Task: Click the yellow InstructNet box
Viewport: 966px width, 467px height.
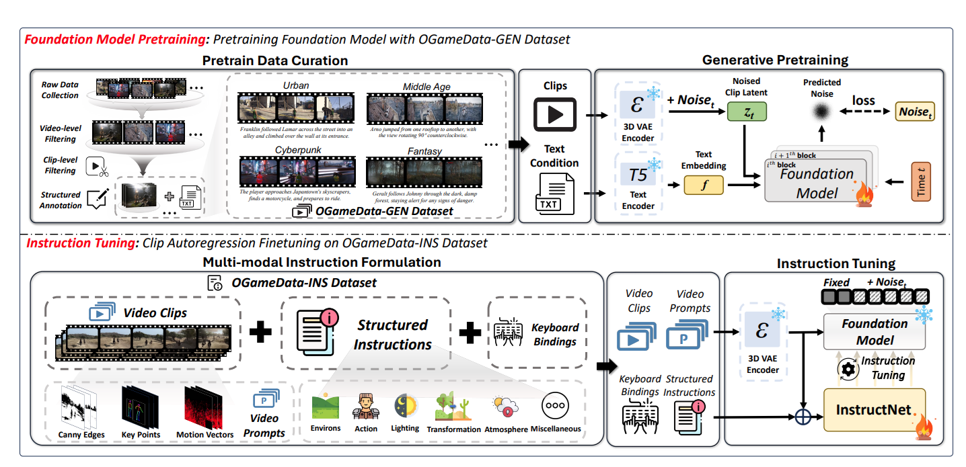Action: [x=874, y=410]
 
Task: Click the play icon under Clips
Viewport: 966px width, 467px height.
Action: [x=555, y=114]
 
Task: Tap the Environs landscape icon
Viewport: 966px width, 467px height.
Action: [x=325, y=406]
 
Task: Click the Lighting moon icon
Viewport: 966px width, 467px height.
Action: [x=405, y=405]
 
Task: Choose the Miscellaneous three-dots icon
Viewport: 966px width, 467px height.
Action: [x=556, y=406]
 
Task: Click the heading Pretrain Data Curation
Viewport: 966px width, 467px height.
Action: [x=275, y=61]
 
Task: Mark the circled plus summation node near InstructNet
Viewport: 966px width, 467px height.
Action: [x=801, y=417]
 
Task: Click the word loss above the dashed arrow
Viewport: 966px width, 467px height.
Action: [x=864, y=100]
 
